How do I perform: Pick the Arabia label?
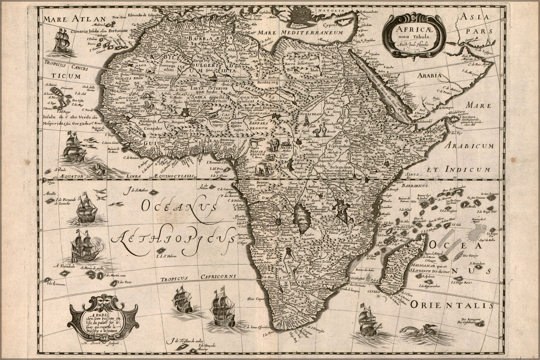[429, 76]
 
